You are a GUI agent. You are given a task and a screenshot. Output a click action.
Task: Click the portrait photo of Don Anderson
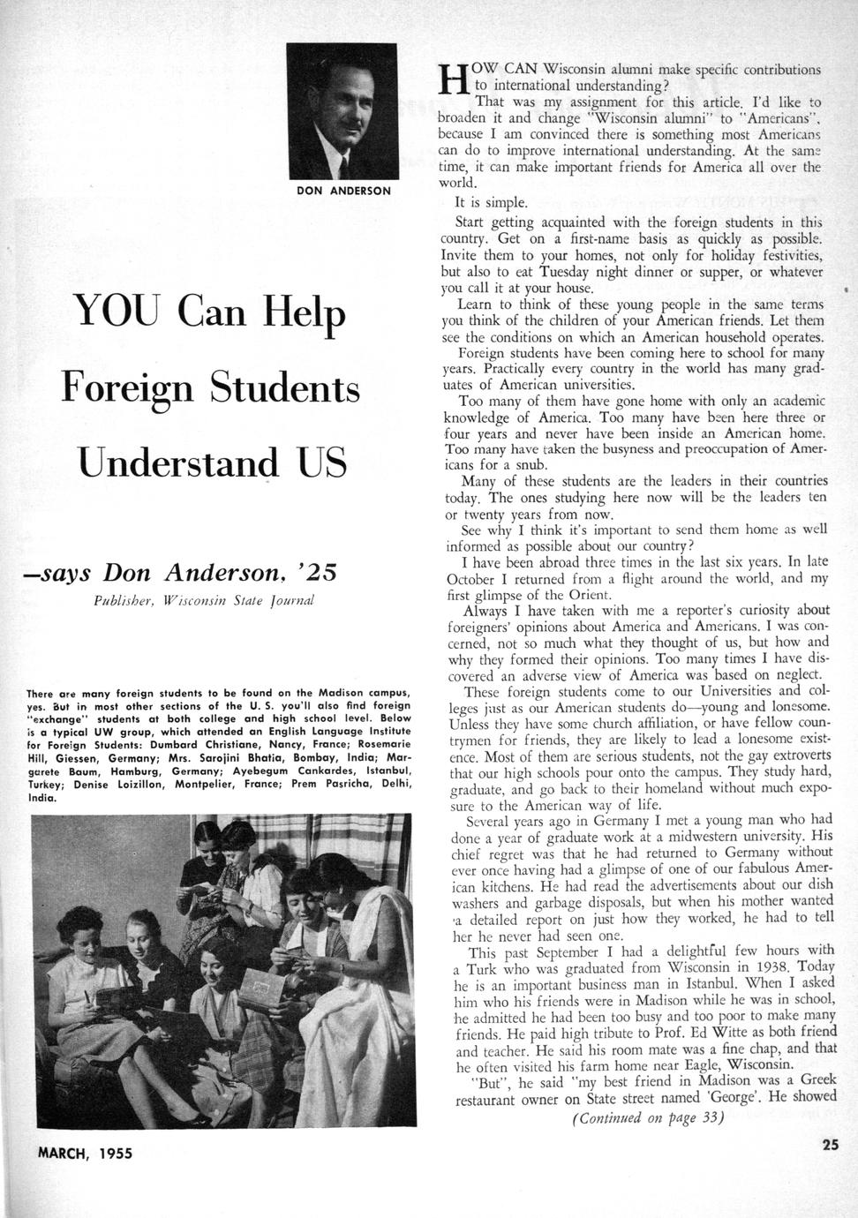tap(342, 110)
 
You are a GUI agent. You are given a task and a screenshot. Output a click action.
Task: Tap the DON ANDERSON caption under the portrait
tap(343, 190)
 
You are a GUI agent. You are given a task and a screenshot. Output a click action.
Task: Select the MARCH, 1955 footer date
tap(85, 1153)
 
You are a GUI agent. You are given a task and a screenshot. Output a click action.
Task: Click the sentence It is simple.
tap(491, 202)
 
